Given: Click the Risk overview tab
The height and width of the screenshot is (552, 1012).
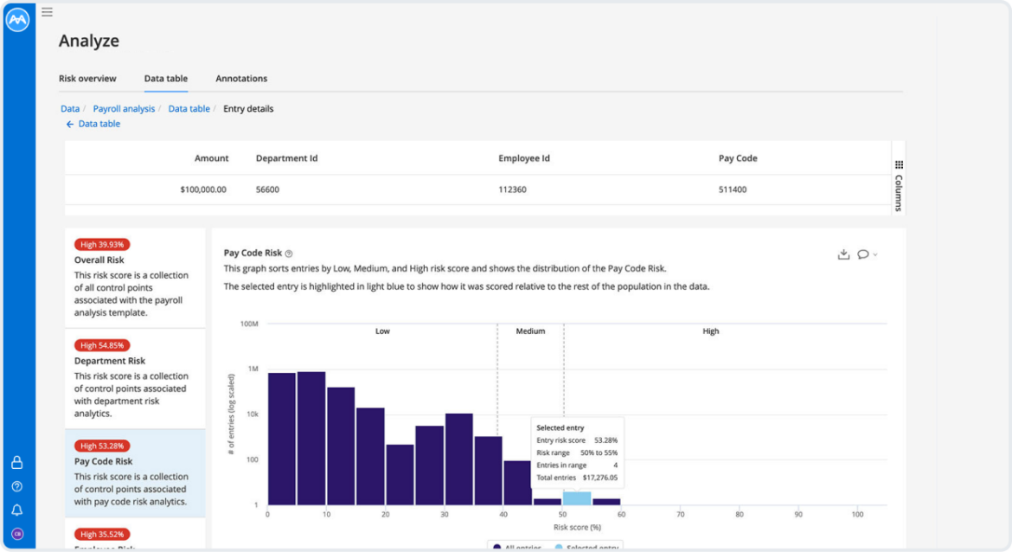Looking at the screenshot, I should [x=87, y=79].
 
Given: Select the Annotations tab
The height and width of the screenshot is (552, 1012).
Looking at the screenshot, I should [x=241, y=79].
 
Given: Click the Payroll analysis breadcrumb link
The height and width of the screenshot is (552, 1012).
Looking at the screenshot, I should [x=124, y=109].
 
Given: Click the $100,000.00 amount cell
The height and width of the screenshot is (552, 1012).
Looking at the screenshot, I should [x=203, y=189].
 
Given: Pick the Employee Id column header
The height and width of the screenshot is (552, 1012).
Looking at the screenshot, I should [x=524, y=158].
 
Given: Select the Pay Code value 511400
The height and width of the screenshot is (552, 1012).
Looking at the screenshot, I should [x=733, y=189].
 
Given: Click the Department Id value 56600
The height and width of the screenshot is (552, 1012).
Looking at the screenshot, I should [x=267, y=189].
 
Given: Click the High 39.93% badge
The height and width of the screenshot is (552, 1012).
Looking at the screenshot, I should [x=102, y=244].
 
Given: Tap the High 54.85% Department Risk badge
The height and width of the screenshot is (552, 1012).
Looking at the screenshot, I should [x=102, y=345].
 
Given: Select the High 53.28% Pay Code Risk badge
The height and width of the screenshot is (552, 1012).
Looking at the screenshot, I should [x=102, y=446].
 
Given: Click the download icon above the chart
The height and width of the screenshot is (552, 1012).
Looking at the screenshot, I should [x=843, y=254].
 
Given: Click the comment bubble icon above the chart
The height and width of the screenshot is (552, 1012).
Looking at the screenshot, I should [x=863, y=254].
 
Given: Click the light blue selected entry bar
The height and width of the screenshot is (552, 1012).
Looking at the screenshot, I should [x=577, y=498].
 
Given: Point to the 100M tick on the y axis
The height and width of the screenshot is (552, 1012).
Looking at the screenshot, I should [x=249, y=324].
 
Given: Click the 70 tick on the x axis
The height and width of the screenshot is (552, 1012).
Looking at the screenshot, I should [x=681, y=515].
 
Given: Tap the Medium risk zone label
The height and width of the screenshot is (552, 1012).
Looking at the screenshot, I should [x=530, y=331].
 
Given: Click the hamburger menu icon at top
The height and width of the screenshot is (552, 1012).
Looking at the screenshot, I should [x=47, y=12].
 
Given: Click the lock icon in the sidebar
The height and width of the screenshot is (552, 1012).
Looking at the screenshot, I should [x=16, y=463].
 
